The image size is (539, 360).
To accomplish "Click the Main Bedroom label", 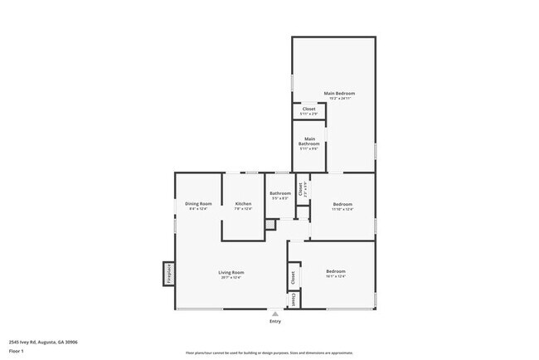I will pyautogui.click(x=339, y=93).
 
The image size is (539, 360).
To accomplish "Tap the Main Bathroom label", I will pyautogui.click(x=309, y=141).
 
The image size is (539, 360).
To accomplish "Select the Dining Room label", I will pyautogui.click(x=198, y=203).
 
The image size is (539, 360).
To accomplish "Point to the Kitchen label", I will pyautogui.click(x=243, y=203).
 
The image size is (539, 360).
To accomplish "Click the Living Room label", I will pyautogui.click(x=231, y=272).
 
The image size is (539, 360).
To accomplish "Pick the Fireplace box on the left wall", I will pyautogui.click(x=168, y=273).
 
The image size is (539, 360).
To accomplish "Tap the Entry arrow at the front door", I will pyautogui.click(x=274, y=314).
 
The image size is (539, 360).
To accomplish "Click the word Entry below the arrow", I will pyautogui.click(x=274, y=321).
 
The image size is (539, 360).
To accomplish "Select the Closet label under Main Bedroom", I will pyautogui.click(x=308, y=109).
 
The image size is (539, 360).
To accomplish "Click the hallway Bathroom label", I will pyautogui.click(x=279, y=193).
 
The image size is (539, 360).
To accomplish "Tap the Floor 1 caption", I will pyautogui.click(x=17, y=351).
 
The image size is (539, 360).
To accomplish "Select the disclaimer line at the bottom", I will pyautogui.click(x=269, y=353).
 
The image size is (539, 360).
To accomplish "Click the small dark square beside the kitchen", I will pyautogui.click(x=269, y=224).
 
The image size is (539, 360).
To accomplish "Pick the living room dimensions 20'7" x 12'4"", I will pyautogui.click(x=231, y=278).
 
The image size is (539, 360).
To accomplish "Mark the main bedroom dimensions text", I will pyautogui.click(x=339, y=99).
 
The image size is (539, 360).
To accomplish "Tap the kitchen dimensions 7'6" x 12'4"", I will pyautogui.click(x=243, y=209).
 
